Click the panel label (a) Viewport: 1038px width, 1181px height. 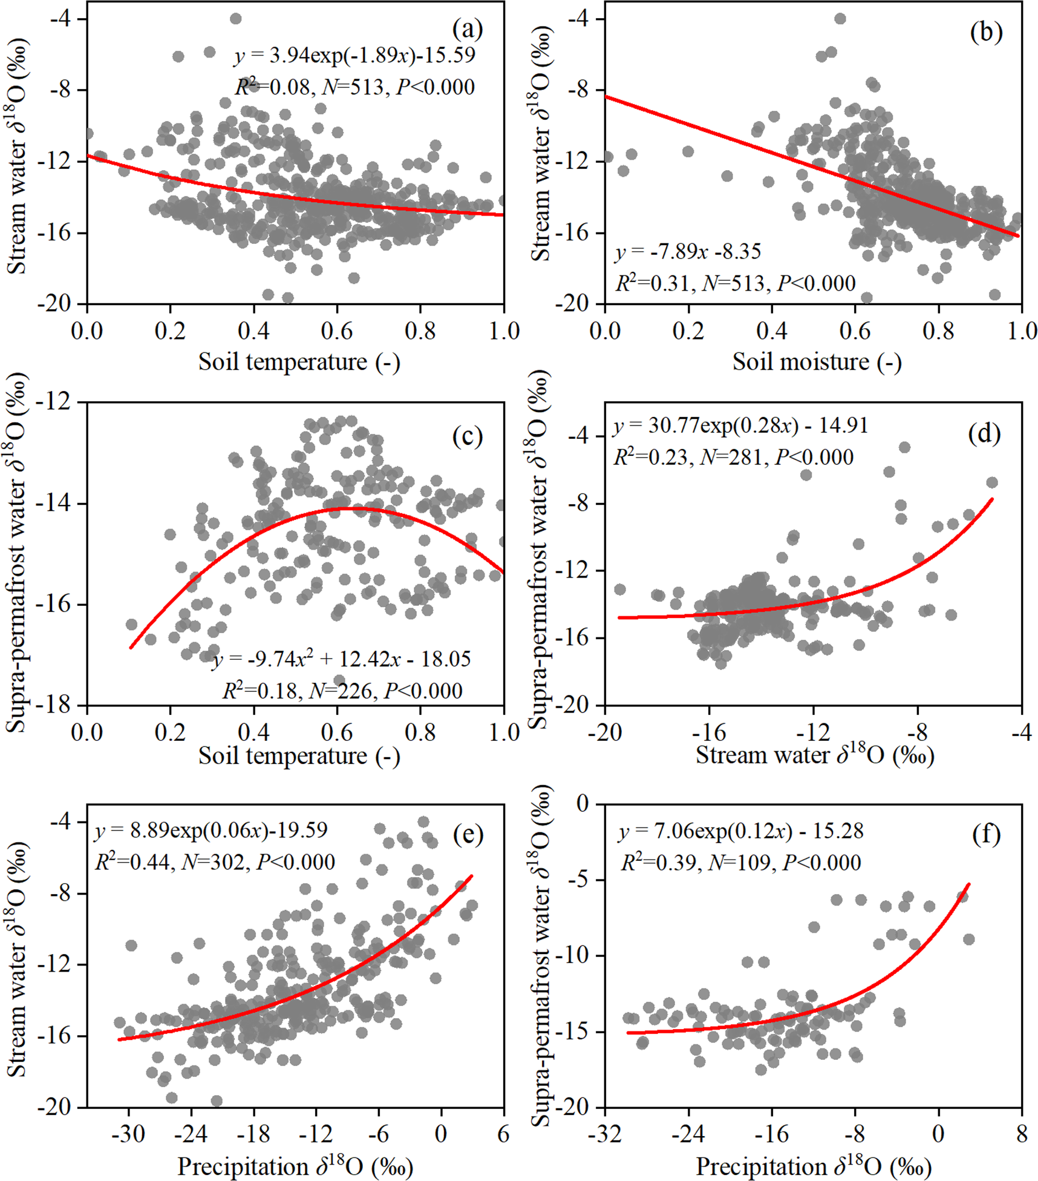pos(467,29)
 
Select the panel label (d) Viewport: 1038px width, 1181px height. pos(984,433)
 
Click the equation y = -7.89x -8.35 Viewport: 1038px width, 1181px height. pos(688,251)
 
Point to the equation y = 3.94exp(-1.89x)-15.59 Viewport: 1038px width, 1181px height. pos(354,55)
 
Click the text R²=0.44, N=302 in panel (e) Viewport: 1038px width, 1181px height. pos(215,862)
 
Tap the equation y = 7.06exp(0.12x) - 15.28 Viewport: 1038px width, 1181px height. pos(740,831)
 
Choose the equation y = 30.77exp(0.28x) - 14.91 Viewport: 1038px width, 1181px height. pos(740,426)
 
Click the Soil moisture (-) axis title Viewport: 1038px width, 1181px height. pos(817,362)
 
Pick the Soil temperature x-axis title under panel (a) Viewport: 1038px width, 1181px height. pos(299,362)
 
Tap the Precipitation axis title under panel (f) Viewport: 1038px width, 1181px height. pos(813,1166)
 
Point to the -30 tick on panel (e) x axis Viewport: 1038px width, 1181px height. pos(128,1134)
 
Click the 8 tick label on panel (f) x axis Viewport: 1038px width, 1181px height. pos(1022,1134)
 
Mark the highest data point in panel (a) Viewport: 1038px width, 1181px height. pos(236,19)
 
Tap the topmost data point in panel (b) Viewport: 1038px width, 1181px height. pos(840,19)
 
